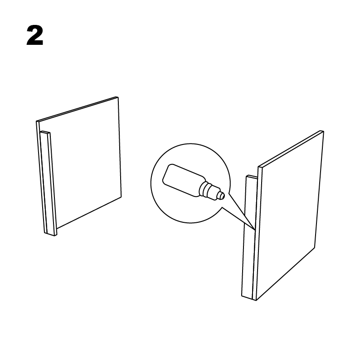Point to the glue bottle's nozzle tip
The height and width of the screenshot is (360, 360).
point(222,195)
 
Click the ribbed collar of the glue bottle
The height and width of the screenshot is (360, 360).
point(209,190)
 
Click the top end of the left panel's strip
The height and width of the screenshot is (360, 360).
point(45,132)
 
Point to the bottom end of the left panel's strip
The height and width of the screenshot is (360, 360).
point(51,234)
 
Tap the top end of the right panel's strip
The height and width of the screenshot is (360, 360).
point(250,176)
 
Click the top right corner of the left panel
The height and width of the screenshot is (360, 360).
point(118,97)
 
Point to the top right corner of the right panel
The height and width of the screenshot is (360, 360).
point(323,132)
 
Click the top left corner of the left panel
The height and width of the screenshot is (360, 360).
point(37,121)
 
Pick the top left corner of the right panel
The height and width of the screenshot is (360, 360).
point(259,167)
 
